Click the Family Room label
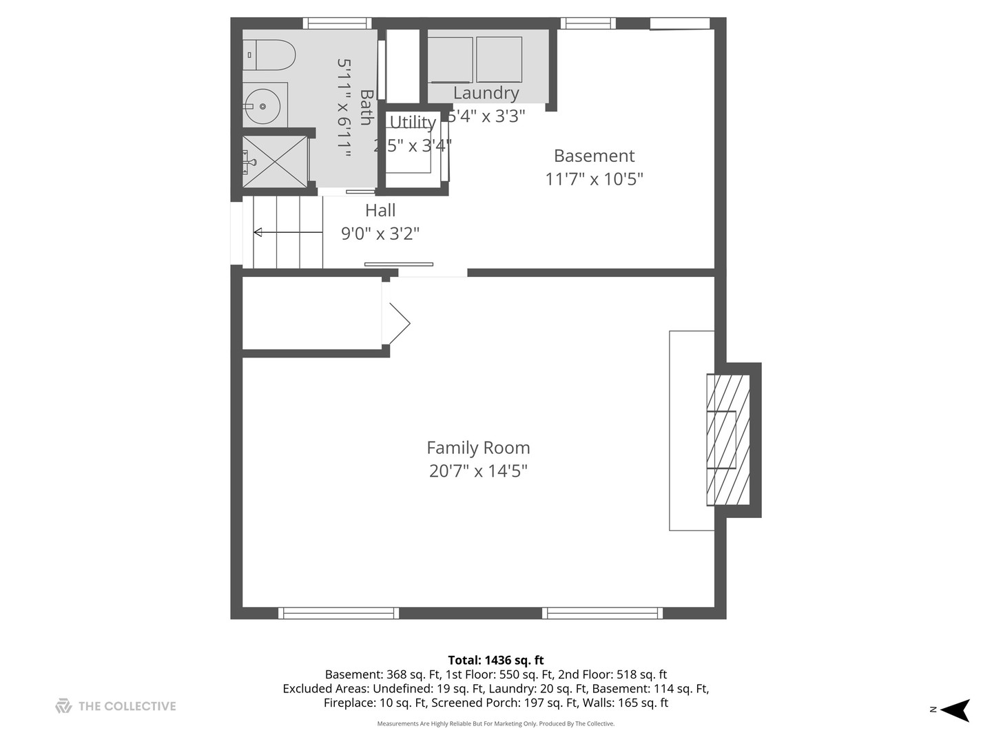click(478, 448)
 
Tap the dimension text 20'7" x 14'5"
click(478, 471)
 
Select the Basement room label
click(594, 156)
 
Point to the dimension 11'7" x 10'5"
click(594, 179)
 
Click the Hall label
click(380, 211)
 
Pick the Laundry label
click(486, 93)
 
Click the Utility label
click(413, 122)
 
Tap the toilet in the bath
click(270, 55)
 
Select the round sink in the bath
click(262, 106)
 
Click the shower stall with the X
click(275, 162)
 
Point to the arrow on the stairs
click(258, 233)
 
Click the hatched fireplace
click(728, 440)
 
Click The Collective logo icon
click(63, 706)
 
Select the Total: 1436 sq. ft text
click(495, 660)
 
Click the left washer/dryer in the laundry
click(451, 60)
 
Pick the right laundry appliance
click(499, 60)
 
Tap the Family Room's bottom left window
click(338, 613)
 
